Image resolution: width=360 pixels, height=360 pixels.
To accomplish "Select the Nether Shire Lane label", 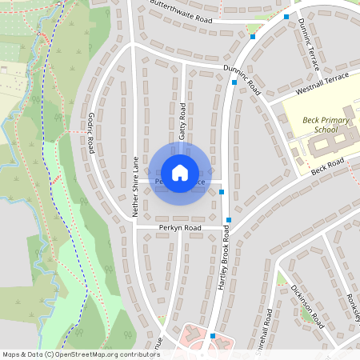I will tap(136, 186).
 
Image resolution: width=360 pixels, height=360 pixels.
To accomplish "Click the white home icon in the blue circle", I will tap(180, 172).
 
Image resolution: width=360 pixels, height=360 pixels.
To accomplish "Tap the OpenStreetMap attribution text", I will tap(81, 354).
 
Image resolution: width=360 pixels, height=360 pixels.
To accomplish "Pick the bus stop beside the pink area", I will tap(213, 336).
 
